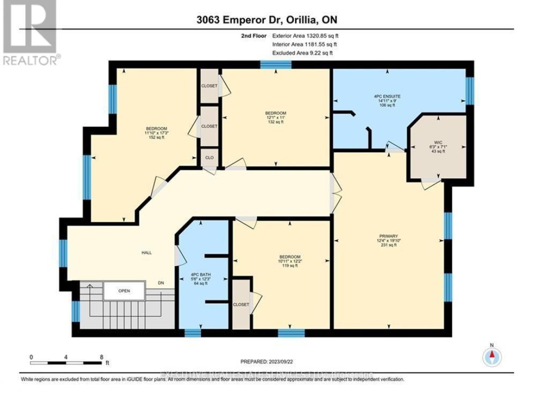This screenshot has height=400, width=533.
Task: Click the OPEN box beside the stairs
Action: [124, 291]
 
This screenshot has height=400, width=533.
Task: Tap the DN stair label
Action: [161, 283]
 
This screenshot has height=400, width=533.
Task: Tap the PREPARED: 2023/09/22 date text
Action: [269, 361]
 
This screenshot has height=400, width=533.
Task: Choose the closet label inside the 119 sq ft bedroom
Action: [241, 305]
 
